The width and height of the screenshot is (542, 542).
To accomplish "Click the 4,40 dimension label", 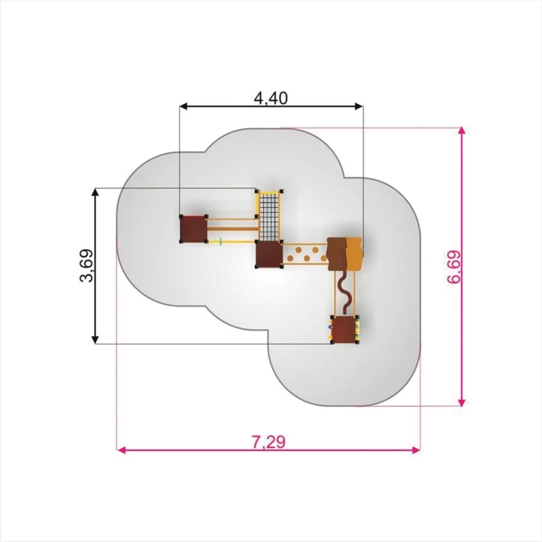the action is (270, 98).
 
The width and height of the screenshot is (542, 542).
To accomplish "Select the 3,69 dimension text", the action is (86, 266).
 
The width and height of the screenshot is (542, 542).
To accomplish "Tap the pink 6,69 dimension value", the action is (455, 267).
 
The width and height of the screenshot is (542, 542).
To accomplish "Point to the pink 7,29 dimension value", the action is (268, 442).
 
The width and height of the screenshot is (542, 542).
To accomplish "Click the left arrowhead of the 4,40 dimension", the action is (184, 106).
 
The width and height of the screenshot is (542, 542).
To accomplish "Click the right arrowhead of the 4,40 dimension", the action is (359, 106).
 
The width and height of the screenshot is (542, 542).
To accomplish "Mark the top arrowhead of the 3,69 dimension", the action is (95, 193).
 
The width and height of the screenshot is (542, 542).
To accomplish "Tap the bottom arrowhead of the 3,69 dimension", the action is (95, 339).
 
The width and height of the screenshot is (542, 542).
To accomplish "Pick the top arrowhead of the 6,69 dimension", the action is (462, 132).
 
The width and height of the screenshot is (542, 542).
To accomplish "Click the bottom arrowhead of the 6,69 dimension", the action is (462, 401).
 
